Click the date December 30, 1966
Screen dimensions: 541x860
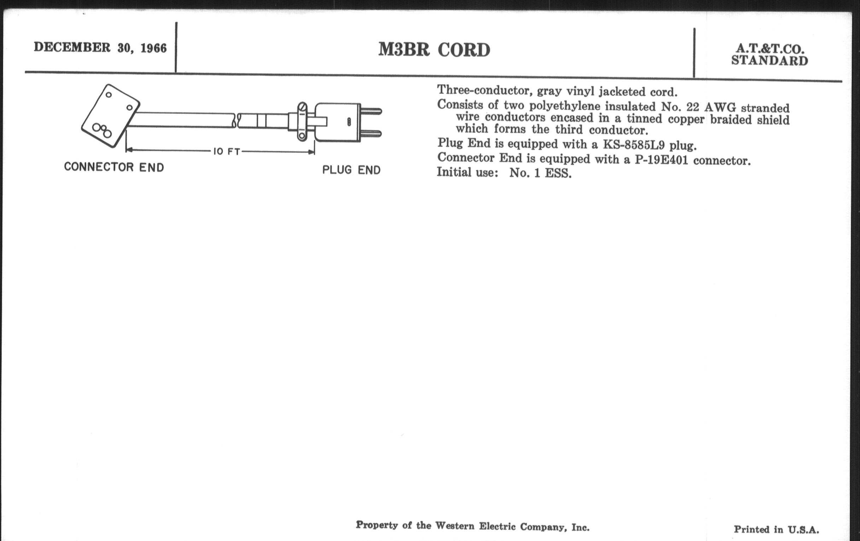pos(100,47)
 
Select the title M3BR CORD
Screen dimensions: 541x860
pos(434,50)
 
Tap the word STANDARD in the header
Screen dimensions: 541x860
pos(769,61)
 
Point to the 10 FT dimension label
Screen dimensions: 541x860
pos(226,151)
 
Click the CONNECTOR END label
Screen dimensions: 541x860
pos(114,167)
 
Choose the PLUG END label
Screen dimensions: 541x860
pos(351,170)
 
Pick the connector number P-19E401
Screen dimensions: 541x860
pos(661,159)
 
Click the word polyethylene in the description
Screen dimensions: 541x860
pos(565,106)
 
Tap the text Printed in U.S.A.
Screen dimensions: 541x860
pos(776,529)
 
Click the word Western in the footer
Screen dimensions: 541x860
pos(455,526)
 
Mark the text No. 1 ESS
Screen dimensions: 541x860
pos(540,173)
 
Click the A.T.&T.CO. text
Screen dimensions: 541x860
pos(769,49)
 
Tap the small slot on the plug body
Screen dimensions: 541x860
pos(349,122)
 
